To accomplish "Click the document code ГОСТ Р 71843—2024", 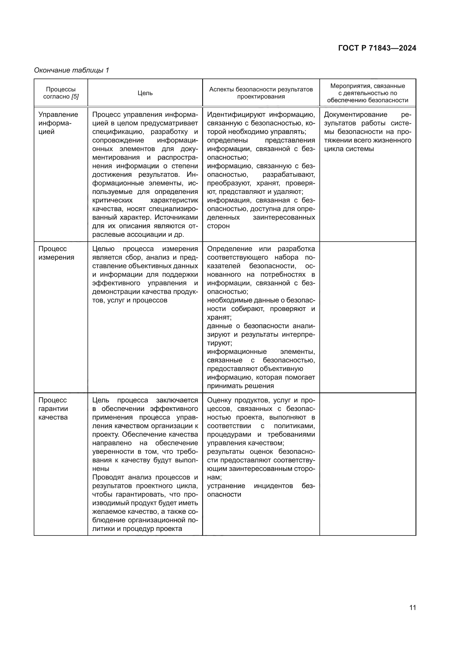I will [x=377, y=48].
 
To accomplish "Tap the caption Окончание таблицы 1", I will [x=71, y=70].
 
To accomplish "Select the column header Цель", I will [x=145, y=93].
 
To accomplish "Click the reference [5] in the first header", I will [x=75, y=97].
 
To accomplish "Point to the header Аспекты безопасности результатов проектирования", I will [x=261, y=93].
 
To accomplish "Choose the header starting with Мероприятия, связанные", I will [x=367, y=93].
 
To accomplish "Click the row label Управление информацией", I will [x=58, y=123].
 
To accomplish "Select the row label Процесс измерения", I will [x=56, y=253].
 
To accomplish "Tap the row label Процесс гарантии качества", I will [x=53, y=408].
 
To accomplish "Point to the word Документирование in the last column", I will [x=355, y=115].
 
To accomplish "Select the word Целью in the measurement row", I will [x=103, y=249].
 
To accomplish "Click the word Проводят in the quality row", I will [x=108, y=478].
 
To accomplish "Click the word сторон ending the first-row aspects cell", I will [x=218, y=226].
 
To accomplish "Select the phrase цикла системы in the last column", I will [x=349, y=149].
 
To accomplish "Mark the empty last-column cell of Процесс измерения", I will [x=367, y=317].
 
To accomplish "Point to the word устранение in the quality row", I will [x=226, y=486].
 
